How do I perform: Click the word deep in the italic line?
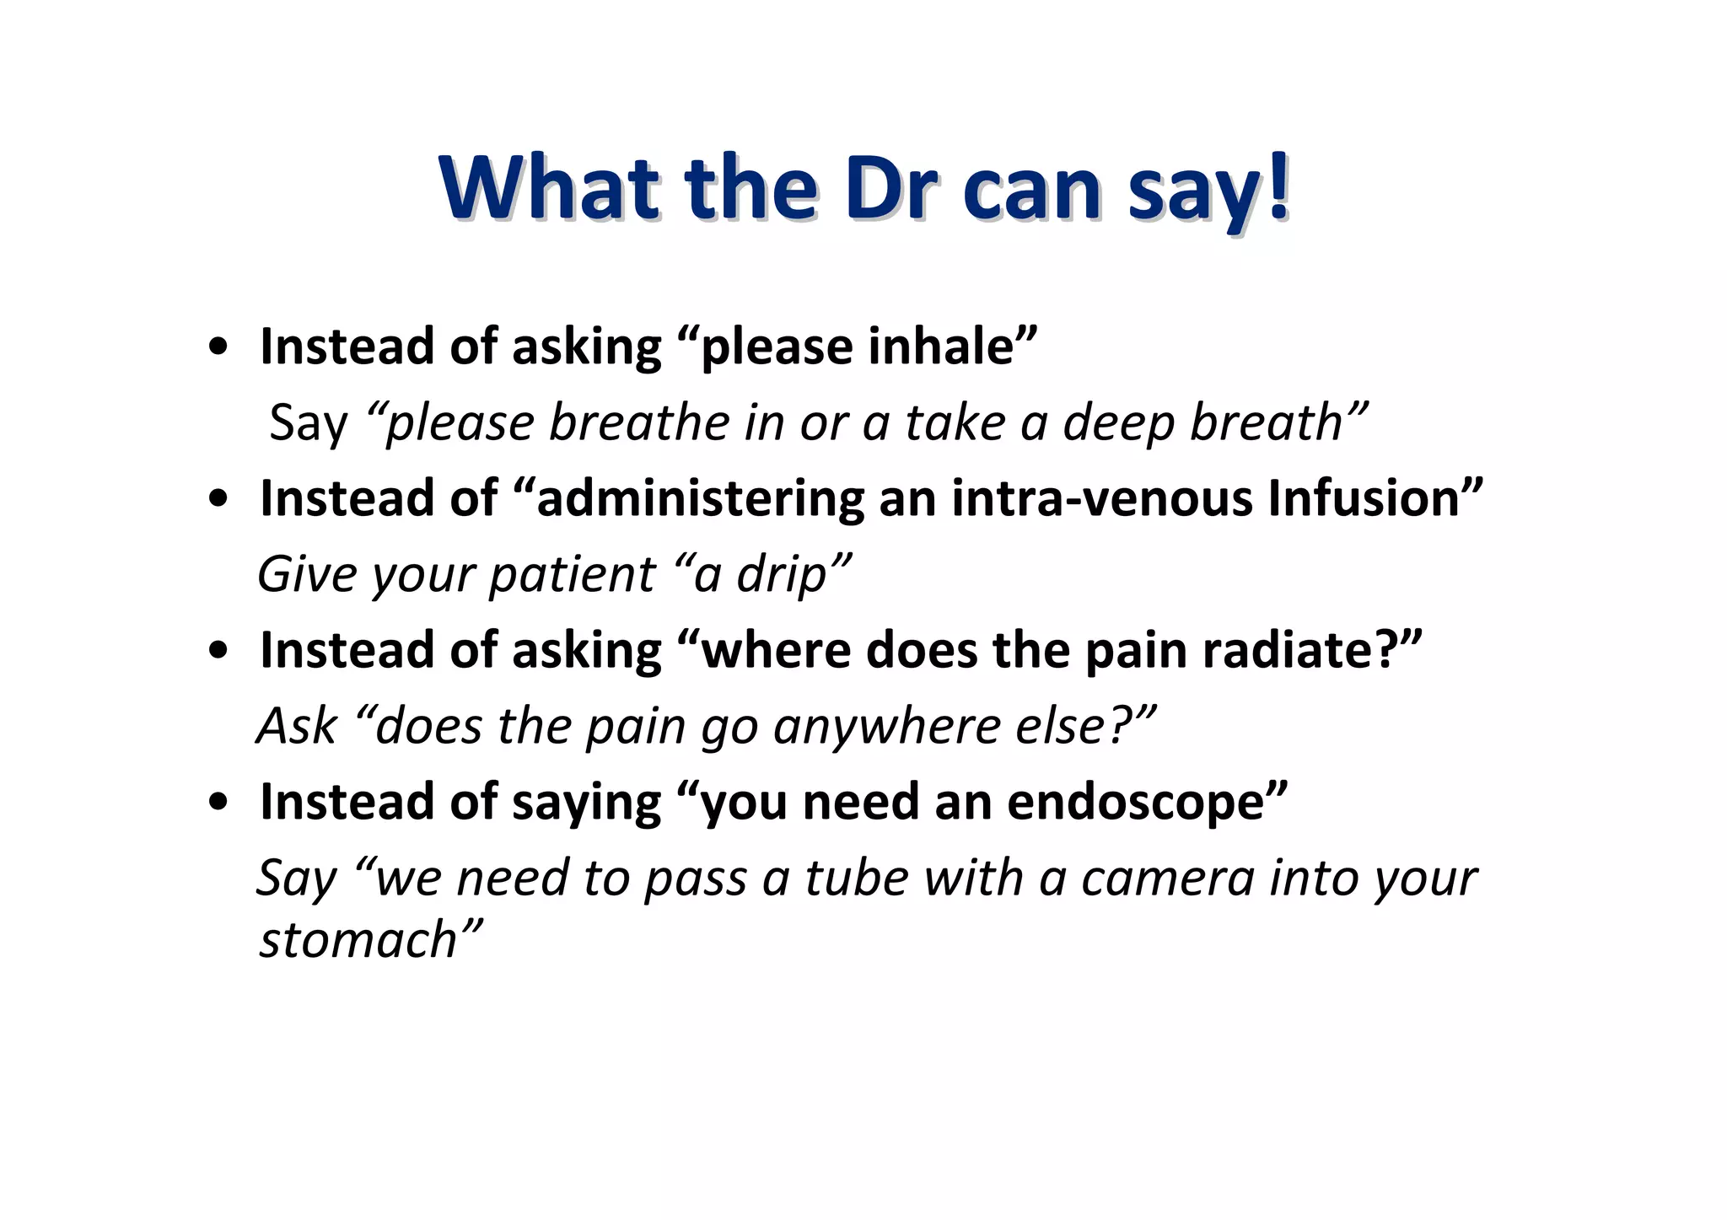coord(1116,423)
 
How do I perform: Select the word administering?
coord(700,498)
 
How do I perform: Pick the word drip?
coord(781,575)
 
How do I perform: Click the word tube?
coord(855,878)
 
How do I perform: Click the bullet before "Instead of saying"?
coord(218,803)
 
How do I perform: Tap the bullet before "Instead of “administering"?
coord(218,500)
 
